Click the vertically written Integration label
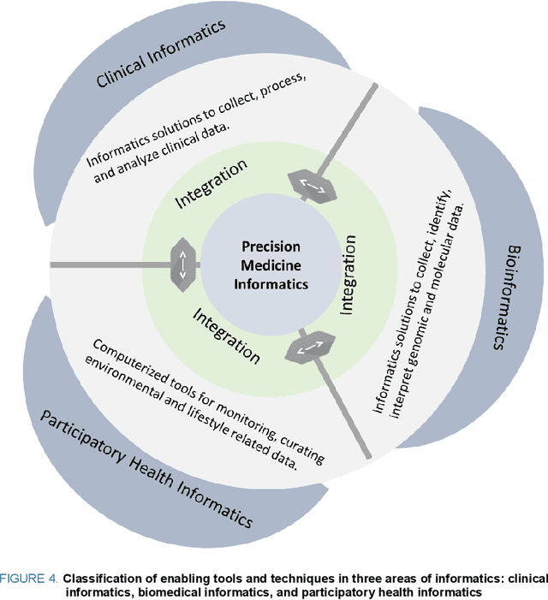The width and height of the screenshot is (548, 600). pos(348,273)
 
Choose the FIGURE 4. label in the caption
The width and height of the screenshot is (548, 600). pos(32,578)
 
